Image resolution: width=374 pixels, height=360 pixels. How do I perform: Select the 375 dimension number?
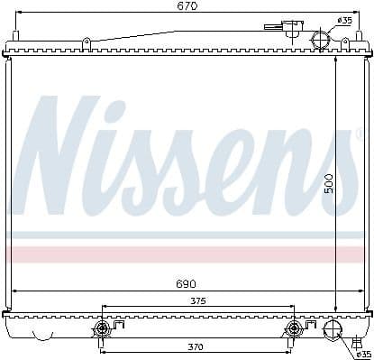tap(196, 301)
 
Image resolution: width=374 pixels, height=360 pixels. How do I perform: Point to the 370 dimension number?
tap(196, 347)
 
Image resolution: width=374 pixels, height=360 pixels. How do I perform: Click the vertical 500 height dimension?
tap(330, 184)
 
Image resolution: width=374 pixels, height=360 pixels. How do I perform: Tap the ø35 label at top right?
tap(345, 20)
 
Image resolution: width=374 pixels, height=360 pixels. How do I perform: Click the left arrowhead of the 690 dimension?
tap(15, 291)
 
